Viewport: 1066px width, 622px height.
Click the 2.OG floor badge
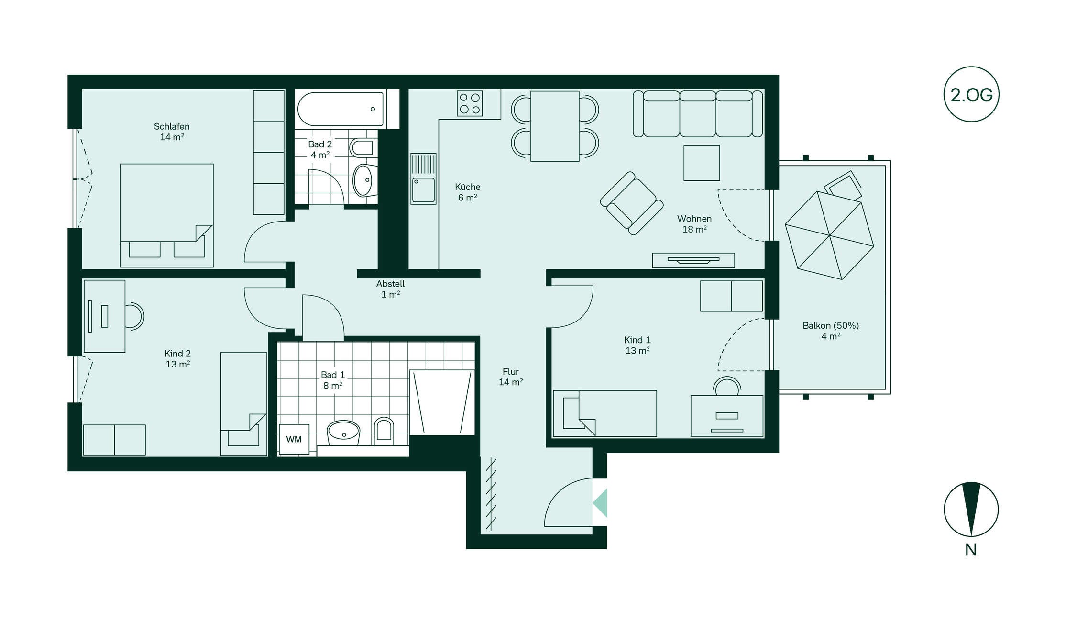pos(971,94)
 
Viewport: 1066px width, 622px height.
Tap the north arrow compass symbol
pos(971,509)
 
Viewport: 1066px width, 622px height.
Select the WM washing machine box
pos(294,439)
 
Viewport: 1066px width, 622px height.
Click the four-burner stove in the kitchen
pos(470,103)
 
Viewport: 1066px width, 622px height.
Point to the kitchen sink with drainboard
pos(423,178)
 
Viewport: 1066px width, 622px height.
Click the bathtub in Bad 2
pos(341,109)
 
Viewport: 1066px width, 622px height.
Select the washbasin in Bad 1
pos(343,433)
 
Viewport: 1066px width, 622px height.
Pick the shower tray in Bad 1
pos(442,402)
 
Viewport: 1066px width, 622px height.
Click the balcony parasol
pos(829,235)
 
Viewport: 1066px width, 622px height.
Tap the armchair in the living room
pos(632,203)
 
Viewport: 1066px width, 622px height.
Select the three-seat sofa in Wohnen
pos(698,114)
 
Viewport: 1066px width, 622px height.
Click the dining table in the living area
pos(555,126)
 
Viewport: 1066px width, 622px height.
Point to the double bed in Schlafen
pos(166,215)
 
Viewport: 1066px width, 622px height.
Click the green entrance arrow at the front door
pos(600,503)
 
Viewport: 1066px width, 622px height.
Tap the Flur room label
pos(511,377)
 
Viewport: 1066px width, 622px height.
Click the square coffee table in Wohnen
pos(702,163)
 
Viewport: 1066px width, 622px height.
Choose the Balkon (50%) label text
pos(831,325)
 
